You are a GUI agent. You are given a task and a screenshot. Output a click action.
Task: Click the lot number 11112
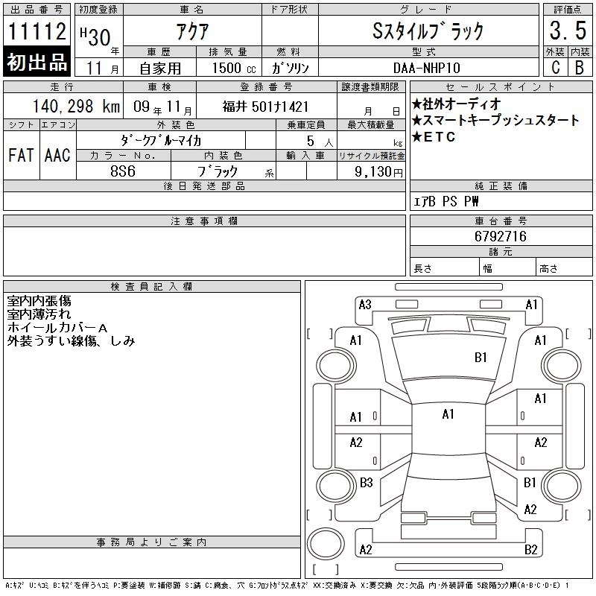point(37,31)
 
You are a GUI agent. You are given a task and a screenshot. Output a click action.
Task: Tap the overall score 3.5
point(568,31)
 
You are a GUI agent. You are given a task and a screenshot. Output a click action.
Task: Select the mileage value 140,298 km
point(76,107)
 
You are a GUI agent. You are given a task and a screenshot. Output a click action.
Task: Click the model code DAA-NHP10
point(427,68)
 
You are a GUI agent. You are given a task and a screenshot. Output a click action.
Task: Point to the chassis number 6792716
point(501,236)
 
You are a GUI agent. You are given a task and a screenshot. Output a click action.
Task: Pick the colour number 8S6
point(123,171)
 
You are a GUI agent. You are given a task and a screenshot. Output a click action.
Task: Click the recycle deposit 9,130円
point(378,172)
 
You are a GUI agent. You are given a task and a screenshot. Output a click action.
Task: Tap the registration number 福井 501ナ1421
point(265,107)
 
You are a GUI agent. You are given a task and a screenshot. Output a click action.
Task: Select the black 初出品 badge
point(37,62)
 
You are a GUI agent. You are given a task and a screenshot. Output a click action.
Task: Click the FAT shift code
point(21,155)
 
